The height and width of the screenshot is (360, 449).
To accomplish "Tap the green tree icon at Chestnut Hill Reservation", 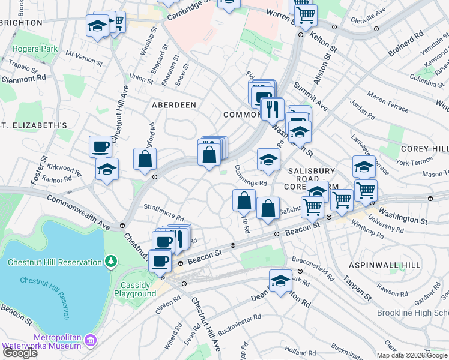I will (x=110, y=262).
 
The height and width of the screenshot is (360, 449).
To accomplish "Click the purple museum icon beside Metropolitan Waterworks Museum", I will (x=90, y=341).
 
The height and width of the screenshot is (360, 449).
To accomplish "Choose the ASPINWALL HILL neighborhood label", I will (x=384, y=265).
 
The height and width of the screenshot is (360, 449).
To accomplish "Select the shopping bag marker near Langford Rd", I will (x=145, y=160).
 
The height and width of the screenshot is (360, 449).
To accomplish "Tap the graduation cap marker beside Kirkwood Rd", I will (x=107, y=169).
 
